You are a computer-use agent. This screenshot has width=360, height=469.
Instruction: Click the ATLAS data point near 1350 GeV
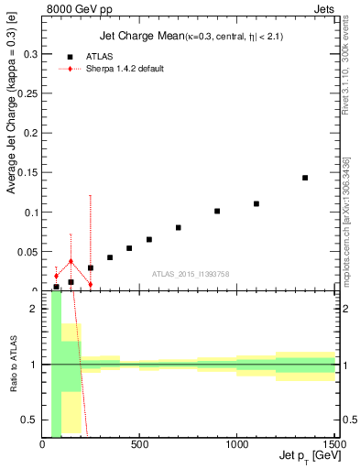pyautogui.click(x=305, y=178)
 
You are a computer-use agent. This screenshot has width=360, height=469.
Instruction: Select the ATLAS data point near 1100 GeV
pyautogui.click(x=256, y=203)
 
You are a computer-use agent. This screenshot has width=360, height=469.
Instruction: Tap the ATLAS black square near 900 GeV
pyautogui.click(x=217, y=211)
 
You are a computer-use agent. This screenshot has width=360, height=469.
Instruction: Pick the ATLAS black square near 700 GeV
pyautogui.click(x=179, y=227)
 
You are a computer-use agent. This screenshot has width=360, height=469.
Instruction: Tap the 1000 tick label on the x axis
pyautogui.click(x=236, y=446)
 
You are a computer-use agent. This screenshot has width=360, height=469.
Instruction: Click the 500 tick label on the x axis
pyautogui.click(x=139, y=446)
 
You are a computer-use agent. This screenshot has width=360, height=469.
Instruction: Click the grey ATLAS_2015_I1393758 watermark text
pyautogui.click(x=190, y=273)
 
